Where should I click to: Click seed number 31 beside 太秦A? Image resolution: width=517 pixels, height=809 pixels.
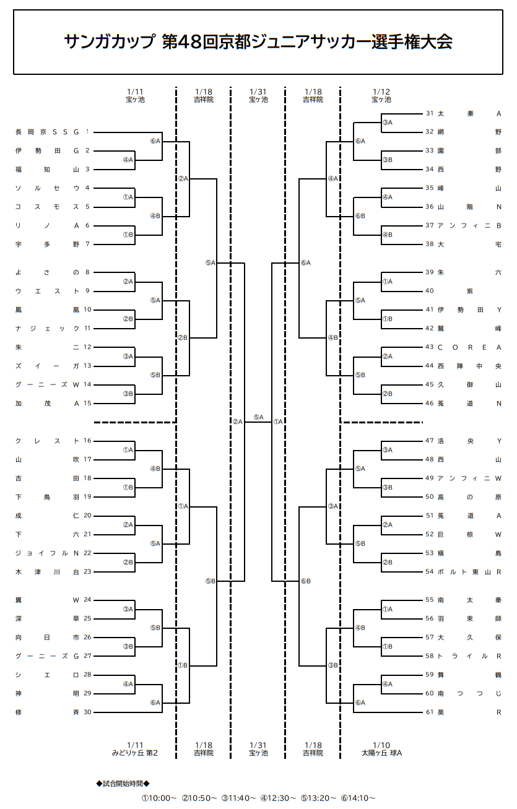[430, 113]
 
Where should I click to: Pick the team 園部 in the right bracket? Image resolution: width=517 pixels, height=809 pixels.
[469, 150]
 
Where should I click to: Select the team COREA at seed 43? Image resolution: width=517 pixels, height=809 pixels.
[469, 347]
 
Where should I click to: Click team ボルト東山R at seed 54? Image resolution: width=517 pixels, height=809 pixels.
[469, 572]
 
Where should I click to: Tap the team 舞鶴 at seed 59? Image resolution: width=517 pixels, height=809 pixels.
[469, 675]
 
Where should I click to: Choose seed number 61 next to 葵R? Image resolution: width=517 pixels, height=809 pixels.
[430, 712]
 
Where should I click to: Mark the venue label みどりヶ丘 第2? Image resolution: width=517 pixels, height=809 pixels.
[135, 753]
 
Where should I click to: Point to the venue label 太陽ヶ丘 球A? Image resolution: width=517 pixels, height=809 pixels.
[382, 753]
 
